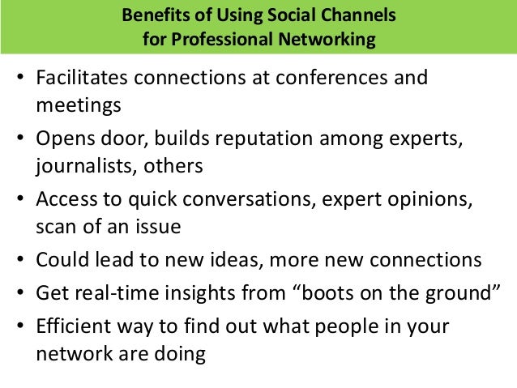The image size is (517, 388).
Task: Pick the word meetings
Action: coord(79,105)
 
